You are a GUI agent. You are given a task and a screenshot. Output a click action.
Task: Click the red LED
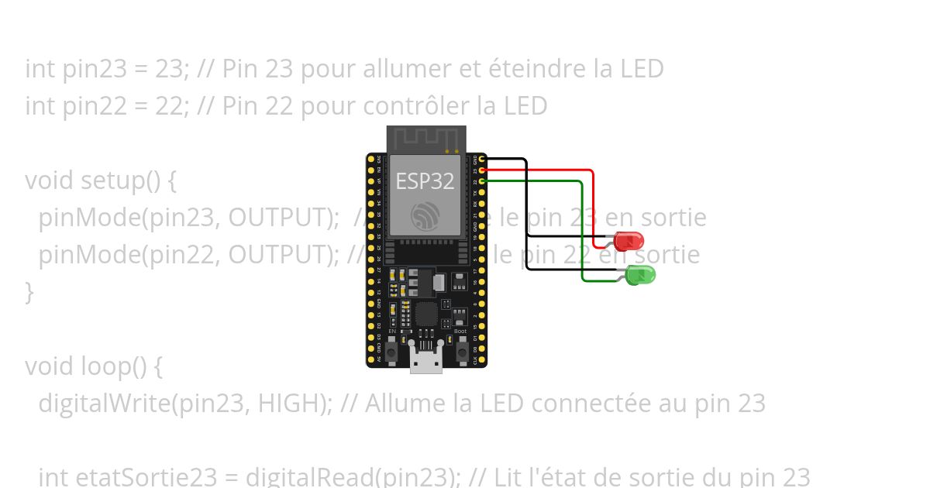click(629, 240)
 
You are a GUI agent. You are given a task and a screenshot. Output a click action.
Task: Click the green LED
click(641, 274)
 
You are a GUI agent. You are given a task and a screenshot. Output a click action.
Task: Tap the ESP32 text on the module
click(425, 181)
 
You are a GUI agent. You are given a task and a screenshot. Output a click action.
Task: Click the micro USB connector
click(425, 359)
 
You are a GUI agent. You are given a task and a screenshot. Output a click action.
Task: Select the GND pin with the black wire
click(483, 159)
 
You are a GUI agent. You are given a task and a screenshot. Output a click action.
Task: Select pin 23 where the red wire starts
click(483, 170)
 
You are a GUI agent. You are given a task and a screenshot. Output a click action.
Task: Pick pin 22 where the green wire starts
click(483, 181)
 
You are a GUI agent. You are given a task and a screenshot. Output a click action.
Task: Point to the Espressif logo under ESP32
click(425, 215)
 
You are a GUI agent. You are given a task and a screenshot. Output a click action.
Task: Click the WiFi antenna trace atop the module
click(425, 139)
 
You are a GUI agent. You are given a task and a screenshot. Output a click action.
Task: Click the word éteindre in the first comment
click(536, 69)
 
